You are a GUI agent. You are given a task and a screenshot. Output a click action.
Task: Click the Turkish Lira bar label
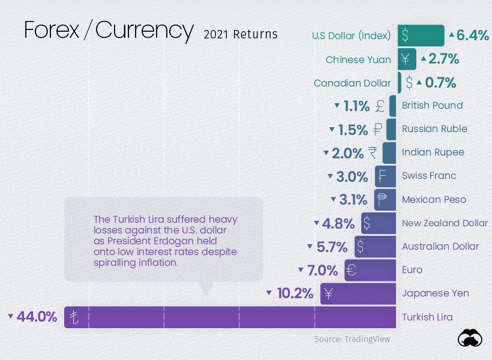427,317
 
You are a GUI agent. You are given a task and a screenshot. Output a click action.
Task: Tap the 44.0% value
37,317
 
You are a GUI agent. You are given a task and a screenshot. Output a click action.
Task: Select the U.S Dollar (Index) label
351,35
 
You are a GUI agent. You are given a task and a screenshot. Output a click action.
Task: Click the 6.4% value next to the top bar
473,35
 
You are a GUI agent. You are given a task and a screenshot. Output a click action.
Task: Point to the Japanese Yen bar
358,293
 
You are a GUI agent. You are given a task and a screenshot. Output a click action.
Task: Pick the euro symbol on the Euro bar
352,270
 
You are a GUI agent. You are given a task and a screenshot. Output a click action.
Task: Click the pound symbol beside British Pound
380,106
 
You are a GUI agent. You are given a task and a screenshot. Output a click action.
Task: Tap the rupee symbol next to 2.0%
373,152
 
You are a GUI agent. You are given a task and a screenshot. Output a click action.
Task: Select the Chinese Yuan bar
406,59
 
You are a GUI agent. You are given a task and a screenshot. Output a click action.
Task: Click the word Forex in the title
51,30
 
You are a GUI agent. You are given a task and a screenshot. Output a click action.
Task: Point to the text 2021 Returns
241,34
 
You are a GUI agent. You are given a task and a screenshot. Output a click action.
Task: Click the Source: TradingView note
352,339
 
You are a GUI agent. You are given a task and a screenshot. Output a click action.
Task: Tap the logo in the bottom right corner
470,338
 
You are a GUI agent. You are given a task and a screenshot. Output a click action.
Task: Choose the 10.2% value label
295,293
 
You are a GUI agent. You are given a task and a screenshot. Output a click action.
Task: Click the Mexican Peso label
434,199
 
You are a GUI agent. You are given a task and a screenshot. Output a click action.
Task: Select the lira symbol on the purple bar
74,317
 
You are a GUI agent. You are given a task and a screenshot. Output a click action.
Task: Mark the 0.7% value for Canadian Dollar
440,82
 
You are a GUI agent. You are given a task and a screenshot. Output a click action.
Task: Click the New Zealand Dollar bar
378,223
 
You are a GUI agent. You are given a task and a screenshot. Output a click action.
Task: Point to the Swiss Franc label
429,176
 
